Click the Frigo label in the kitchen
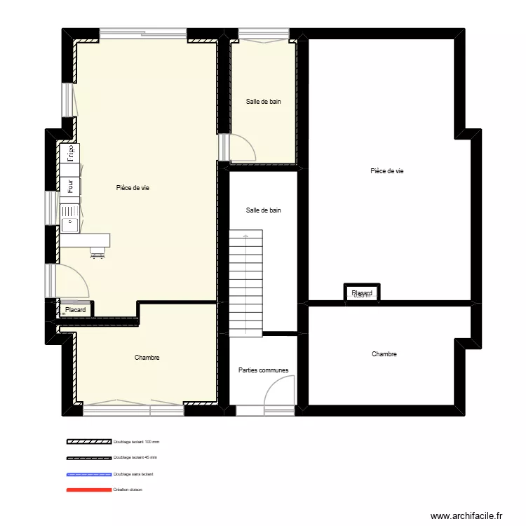(69, 153)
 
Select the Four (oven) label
(69, 186)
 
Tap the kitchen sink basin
(70, 224)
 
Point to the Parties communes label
(263, 370)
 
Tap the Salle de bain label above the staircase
(263, 210)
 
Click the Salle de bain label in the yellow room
(263, 102)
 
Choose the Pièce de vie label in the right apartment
(386, 171)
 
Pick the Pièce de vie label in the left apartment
(133, 187)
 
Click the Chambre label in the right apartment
(384, 354)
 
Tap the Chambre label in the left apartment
(147, 358)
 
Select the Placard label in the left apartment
(75, 309)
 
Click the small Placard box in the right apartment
(362, 293)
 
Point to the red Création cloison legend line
(89, 490)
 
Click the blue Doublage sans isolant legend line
(89, 474)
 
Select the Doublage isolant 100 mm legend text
(136, 443)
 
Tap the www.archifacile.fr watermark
(466, 515)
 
